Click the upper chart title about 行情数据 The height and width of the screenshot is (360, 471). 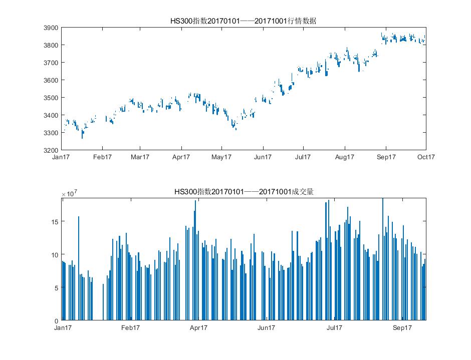pos(244,21)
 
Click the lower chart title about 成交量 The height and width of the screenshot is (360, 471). pos(244,192)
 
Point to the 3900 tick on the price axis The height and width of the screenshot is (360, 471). pos(52,28)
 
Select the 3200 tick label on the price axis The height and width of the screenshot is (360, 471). pos(52,150)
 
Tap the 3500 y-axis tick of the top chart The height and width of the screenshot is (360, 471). pos(52,98)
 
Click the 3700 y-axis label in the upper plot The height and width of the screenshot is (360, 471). pos(52,63)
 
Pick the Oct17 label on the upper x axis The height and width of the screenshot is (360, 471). pos(426,157)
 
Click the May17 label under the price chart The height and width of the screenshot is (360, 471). pos(221,157)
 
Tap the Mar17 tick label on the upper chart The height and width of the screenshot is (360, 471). pos(140,157)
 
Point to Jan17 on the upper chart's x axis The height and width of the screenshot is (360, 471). pos(62,157)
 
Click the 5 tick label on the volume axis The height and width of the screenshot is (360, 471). pos(57,287)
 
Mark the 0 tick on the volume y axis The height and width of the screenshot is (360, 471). pos(57,320)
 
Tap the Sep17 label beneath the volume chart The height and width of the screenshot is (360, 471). pos(402,328)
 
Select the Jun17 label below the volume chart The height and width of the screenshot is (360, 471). pos(266,328)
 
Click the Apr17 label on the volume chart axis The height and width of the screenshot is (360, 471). pos(198,328)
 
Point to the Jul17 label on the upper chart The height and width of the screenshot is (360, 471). pos(303,157)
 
